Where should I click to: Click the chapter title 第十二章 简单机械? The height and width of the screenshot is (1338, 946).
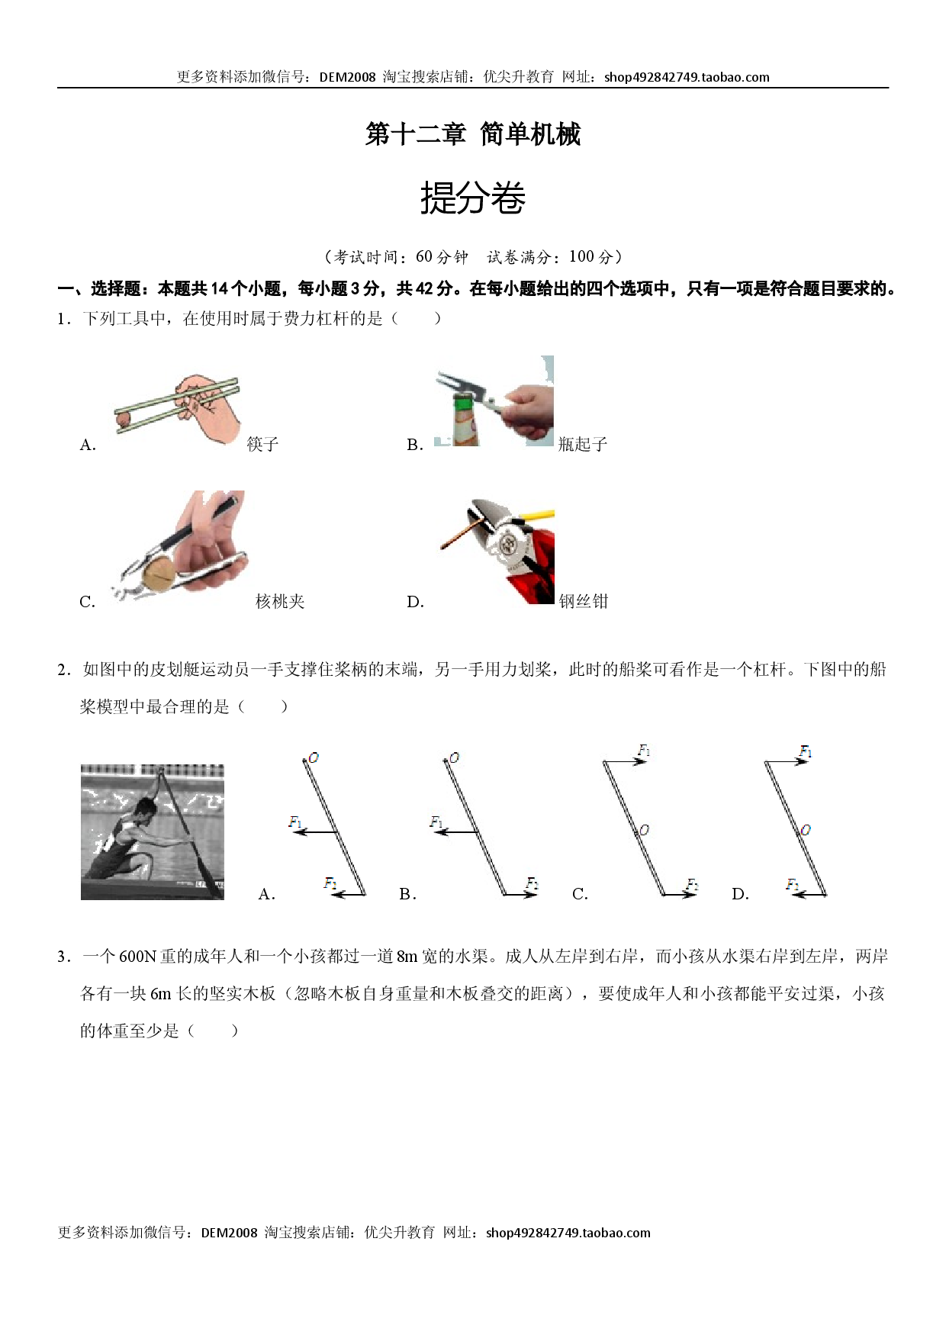[x=473, y=134]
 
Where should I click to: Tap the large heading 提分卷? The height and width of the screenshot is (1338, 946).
[x=473, y=198]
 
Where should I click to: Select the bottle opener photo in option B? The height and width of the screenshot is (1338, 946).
[x=494, y=400]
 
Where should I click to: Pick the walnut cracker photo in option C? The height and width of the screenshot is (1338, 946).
[x=181, y=546]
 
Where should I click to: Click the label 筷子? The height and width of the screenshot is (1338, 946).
[x=262, y=444]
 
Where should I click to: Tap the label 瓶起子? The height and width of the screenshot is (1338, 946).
[x=583, y=444]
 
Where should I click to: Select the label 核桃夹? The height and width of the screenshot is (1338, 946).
[x=280, y=601]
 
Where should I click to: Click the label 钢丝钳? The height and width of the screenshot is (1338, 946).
[x=584, y=601]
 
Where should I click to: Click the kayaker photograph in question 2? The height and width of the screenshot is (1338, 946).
[x=153, y=832]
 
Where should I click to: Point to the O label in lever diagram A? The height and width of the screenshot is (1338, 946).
[x=313, y=757]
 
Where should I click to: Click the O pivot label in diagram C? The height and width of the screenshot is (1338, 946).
[x=644, y=830]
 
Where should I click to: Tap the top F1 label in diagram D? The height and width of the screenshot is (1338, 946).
[x=805, y=751]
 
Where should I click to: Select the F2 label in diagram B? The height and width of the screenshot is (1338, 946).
[x=532, y=883]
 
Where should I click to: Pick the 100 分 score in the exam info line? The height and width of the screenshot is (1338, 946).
[x=591, y=257]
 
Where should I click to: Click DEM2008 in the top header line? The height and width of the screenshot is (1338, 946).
[x=348, y=77]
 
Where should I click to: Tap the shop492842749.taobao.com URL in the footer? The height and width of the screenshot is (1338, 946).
[x=568, y=1233]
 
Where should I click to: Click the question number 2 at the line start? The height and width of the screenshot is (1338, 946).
[x=63, y=670]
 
